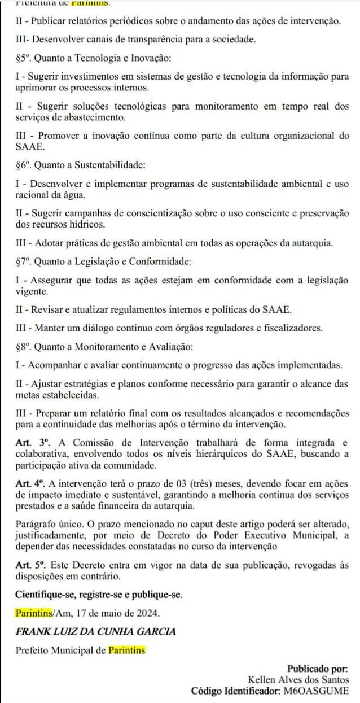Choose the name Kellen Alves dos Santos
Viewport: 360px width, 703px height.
click(x=298, y=680)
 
